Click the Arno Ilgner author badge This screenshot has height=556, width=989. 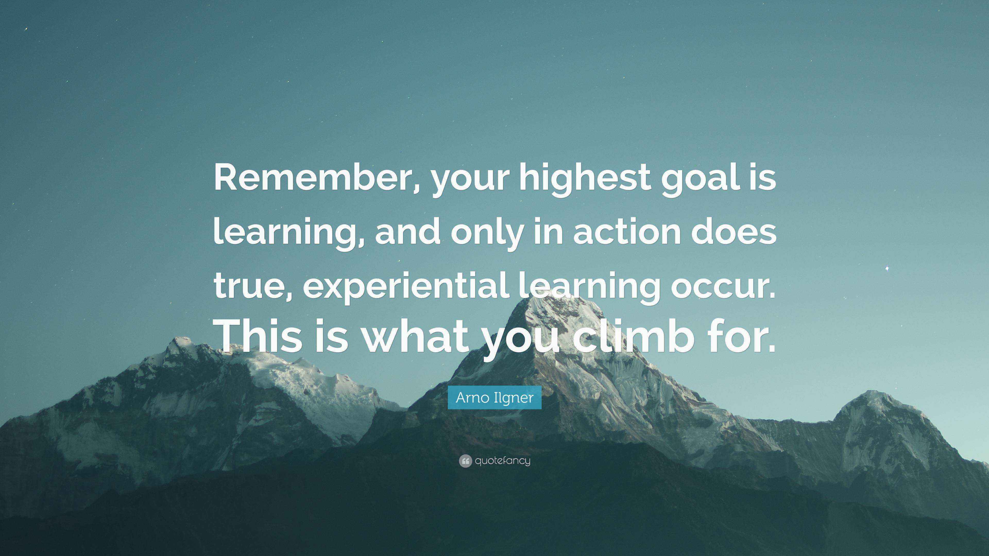pyautogui.click(x=494, y=397)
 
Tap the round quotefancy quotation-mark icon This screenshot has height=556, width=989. pyautogui.click(x=465, y=461)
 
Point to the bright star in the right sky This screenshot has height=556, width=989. pyautogui.click(x=887, y=268)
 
